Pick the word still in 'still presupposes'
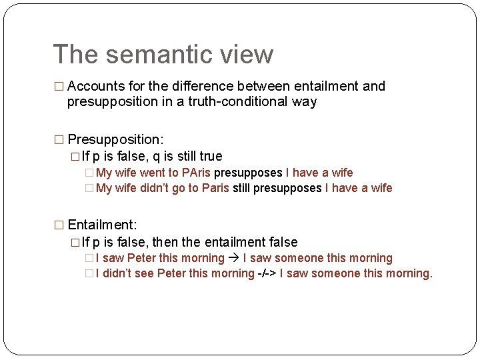pyautogui.click(x=241, y=188)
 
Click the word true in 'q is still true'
pyautogui.click(x=210, y=156)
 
